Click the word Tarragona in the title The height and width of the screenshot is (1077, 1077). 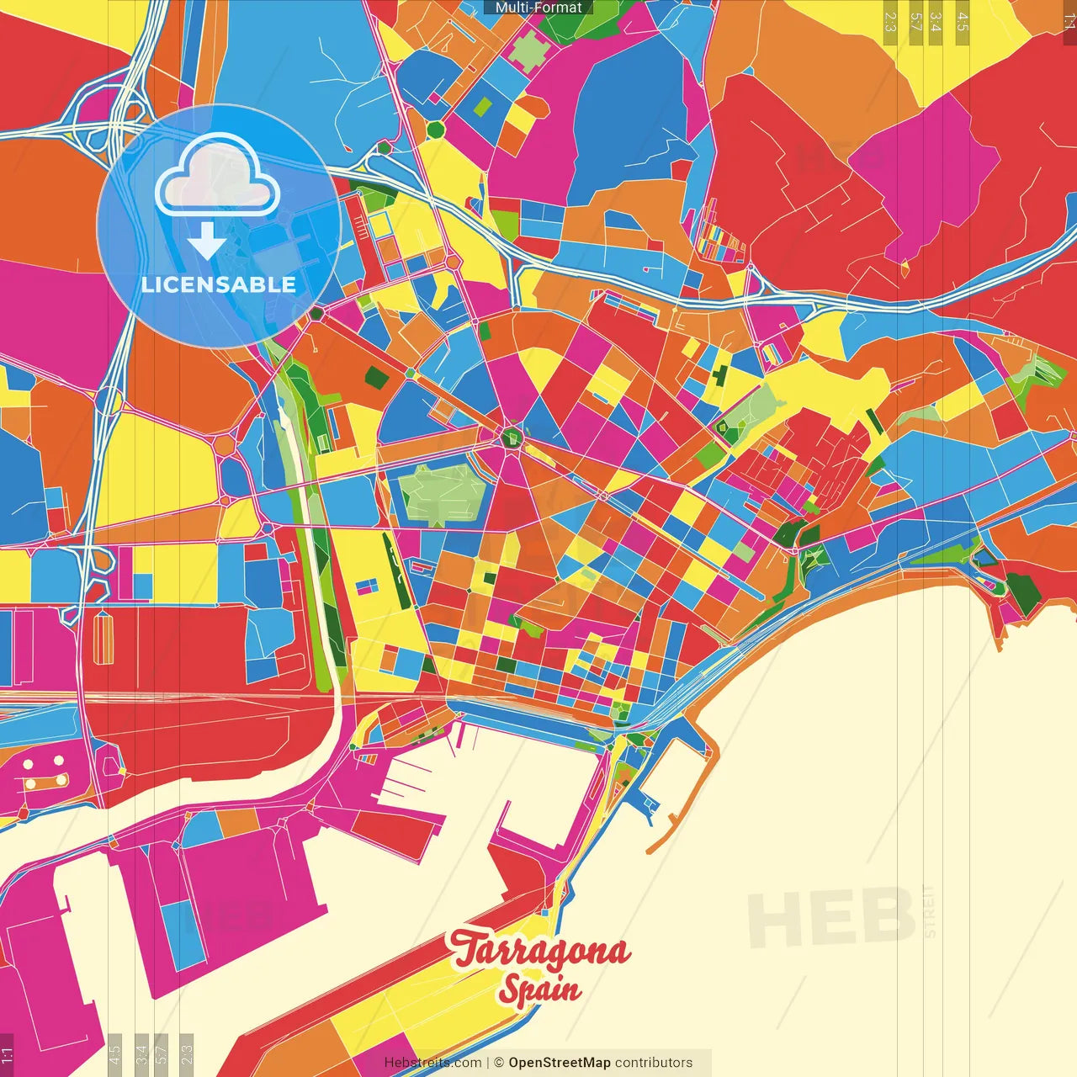(x=540, y=950)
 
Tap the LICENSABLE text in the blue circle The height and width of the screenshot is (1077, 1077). (x=219, y=284)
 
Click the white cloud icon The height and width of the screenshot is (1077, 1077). (x=217, y=174)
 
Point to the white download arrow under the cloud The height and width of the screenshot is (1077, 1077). (x=207, y=241)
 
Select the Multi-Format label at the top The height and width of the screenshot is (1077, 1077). (x=538, y=8)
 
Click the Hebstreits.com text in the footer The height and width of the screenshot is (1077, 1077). (x=432, y=1063)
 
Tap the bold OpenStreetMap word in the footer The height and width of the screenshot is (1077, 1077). (x=560, y=1063)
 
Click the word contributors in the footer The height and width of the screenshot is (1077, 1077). (x=654, y=1063)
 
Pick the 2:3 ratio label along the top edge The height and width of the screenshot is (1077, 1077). (x=890, y=21)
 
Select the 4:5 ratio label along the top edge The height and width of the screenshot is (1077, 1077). (x=963, y=21)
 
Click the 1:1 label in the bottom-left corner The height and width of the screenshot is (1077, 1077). (x=7, y=1055)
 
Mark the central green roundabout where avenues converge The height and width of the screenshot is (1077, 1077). (x=511, y=437)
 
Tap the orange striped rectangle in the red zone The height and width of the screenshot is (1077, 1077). (x=103, y=637)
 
